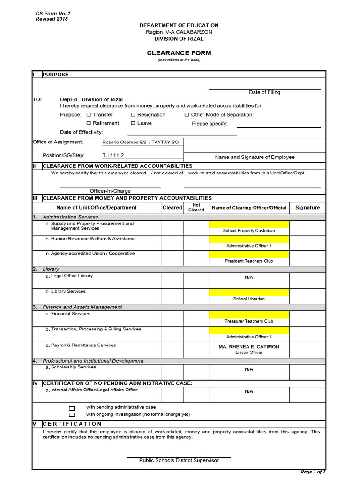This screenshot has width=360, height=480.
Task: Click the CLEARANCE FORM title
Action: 179,53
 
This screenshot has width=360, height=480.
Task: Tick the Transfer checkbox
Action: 89,115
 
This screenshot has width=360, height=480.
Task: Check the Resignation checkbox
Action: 133,115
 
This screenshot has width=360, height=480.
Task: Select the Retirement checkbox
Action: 89,123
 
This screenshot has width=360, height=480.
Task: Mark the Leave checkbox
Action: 133,123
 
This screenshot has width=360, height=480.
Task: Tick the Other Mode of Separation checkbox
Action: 187,115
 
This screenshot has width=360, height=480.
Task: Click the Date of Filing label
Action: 264,92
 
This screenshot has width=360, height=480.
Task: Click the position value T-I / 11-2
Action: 113,155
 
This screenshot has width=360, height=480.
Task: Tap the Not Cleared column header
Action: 196,208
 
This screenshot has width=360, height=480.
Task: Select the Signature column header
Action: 307,208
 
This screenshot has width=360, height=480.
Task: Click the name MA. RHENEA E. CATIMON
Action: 249,347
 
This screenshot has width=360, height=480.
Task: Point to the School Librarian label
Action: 249,299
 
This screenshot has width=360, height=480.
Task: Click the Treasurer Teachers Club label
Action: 249,321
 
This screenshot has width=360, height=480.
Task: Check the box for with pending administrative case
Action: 72,408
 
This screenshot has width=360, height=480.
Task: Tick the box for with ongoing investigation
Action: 72,415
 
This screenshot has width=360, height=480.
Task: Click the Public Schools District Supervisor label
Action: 179,460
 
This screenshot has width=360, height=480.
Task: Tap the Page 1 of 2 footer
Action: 313,472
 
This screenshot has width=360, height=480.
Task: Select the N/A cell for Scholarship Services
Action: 249,369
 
